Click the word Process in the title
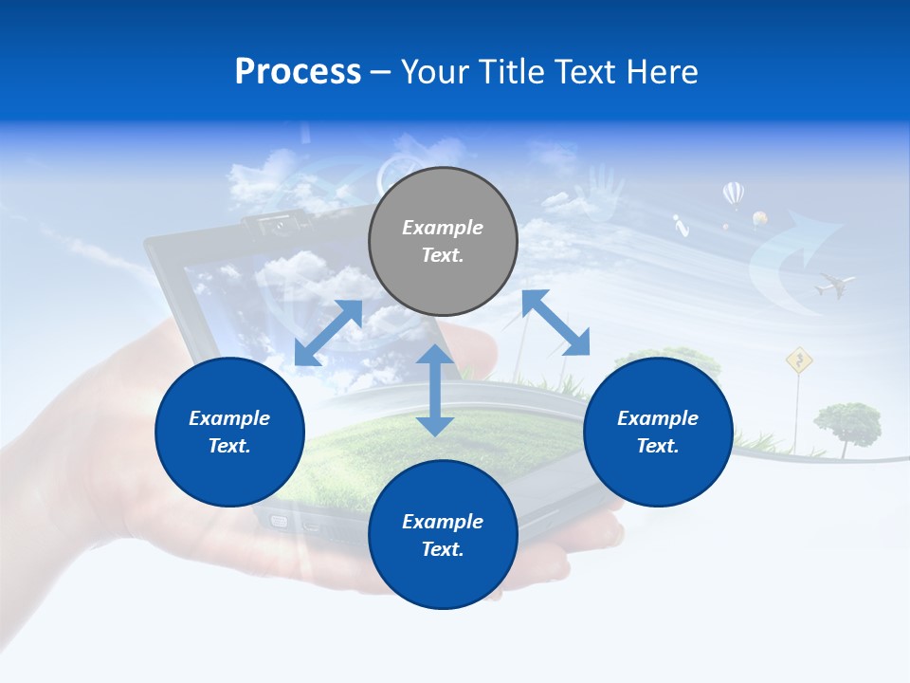tap(298, 72)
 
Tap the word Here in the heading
tap(661, 72)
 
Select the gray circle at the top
tap(443, 241)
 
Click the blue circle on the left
tap(229, 432)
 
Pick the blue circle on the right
tap(658, 432)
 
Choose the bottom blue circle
tap(443, 534)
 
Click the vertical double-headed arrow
tap(435, 390)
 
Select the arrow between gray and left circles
tap(328, 333)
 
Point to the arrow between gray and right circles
tap(556, 323)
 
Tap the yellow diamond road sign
tap(800, 360)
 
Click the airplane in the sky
tap(834, 283)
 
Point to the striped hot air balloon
tap(733, 194)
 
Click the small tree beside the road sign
tap(846, 421)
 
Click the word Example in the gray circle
tap(443, 228)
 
